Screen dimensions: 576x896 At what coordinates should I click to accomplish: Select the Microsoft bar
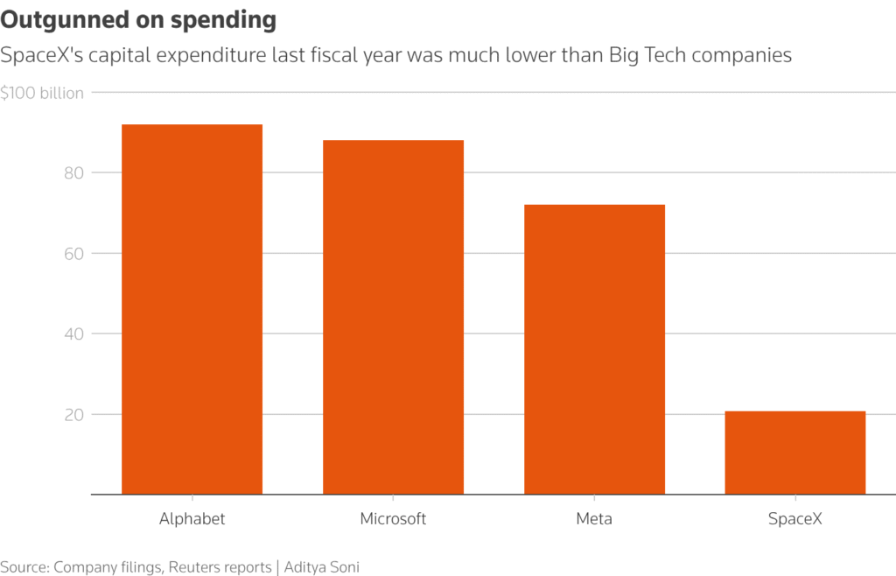[393, 317]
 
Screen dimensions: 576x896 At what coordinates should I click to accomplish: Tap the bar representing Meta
[594, 349]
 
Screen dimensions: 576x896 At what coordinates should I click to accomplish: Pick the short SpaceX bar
[795, 453]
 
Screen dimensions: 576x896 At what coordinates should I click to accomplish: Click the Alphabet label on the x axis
[192, 518]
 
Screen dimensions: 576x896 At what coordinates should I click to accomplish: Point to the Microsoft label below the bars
[393, 518]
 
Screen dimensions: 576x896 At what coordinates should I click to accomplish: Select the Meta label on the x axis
[594, 518]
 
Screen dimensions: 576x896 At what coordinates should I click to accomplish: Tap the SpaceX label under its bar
[795, 518]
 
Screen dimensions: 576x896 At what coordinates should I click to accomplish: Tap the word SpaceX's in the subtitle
[40, 56]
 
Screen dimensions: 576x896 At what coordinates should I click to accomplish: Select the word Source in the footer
[24, 566]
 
